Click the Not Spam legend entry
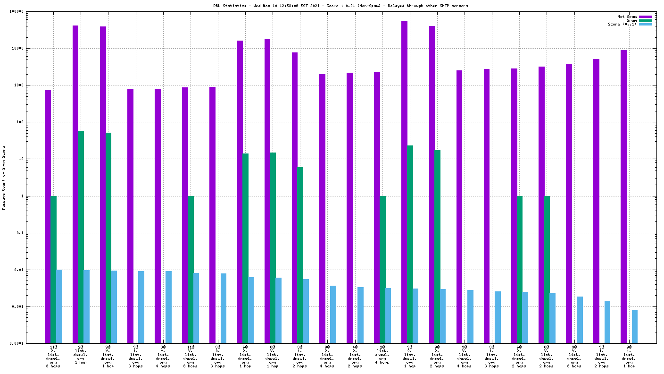coord(627,17)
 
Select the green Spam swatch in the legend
coord(645,20)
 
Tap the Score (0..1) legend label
coord(622,24)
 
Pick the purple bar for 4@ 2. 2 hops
coord(349,208)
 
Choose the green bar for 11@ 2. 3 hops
coord(53,270)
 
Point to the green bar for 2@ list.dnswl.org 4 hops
coord(382,270)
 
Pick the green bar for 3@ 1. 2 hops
coord(300,255)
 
